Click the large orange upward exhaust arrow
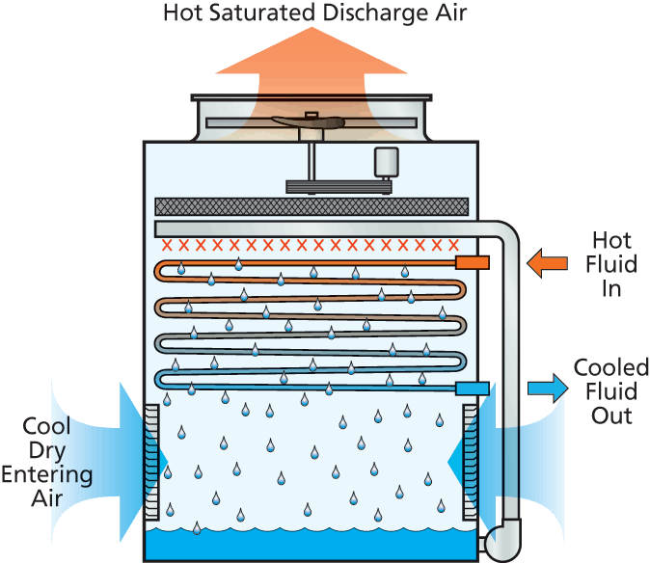[311, 64]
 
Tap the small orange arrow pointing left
[547, 263]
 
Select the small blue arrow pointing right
[547, 389]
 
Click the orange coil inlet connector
[472, 262]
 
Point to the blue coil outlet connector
[472, 389]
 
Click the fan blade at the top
[309, 122]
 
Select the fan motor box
[387, 161]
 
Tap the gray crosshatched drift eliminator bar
[311, 206]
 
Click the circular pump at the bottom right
[501, 543]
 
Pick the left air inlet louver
[151, 463]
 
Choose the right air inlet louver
[470, 463]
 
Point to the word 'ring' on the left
[71, 475]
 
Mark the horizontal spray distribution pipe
[318, 228]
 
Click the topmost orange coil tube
[309, 262]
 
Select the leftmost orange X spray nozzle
[167, 245]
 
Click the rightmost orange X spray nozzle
[452, 245]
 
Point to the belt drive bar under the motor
[339, 186]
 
